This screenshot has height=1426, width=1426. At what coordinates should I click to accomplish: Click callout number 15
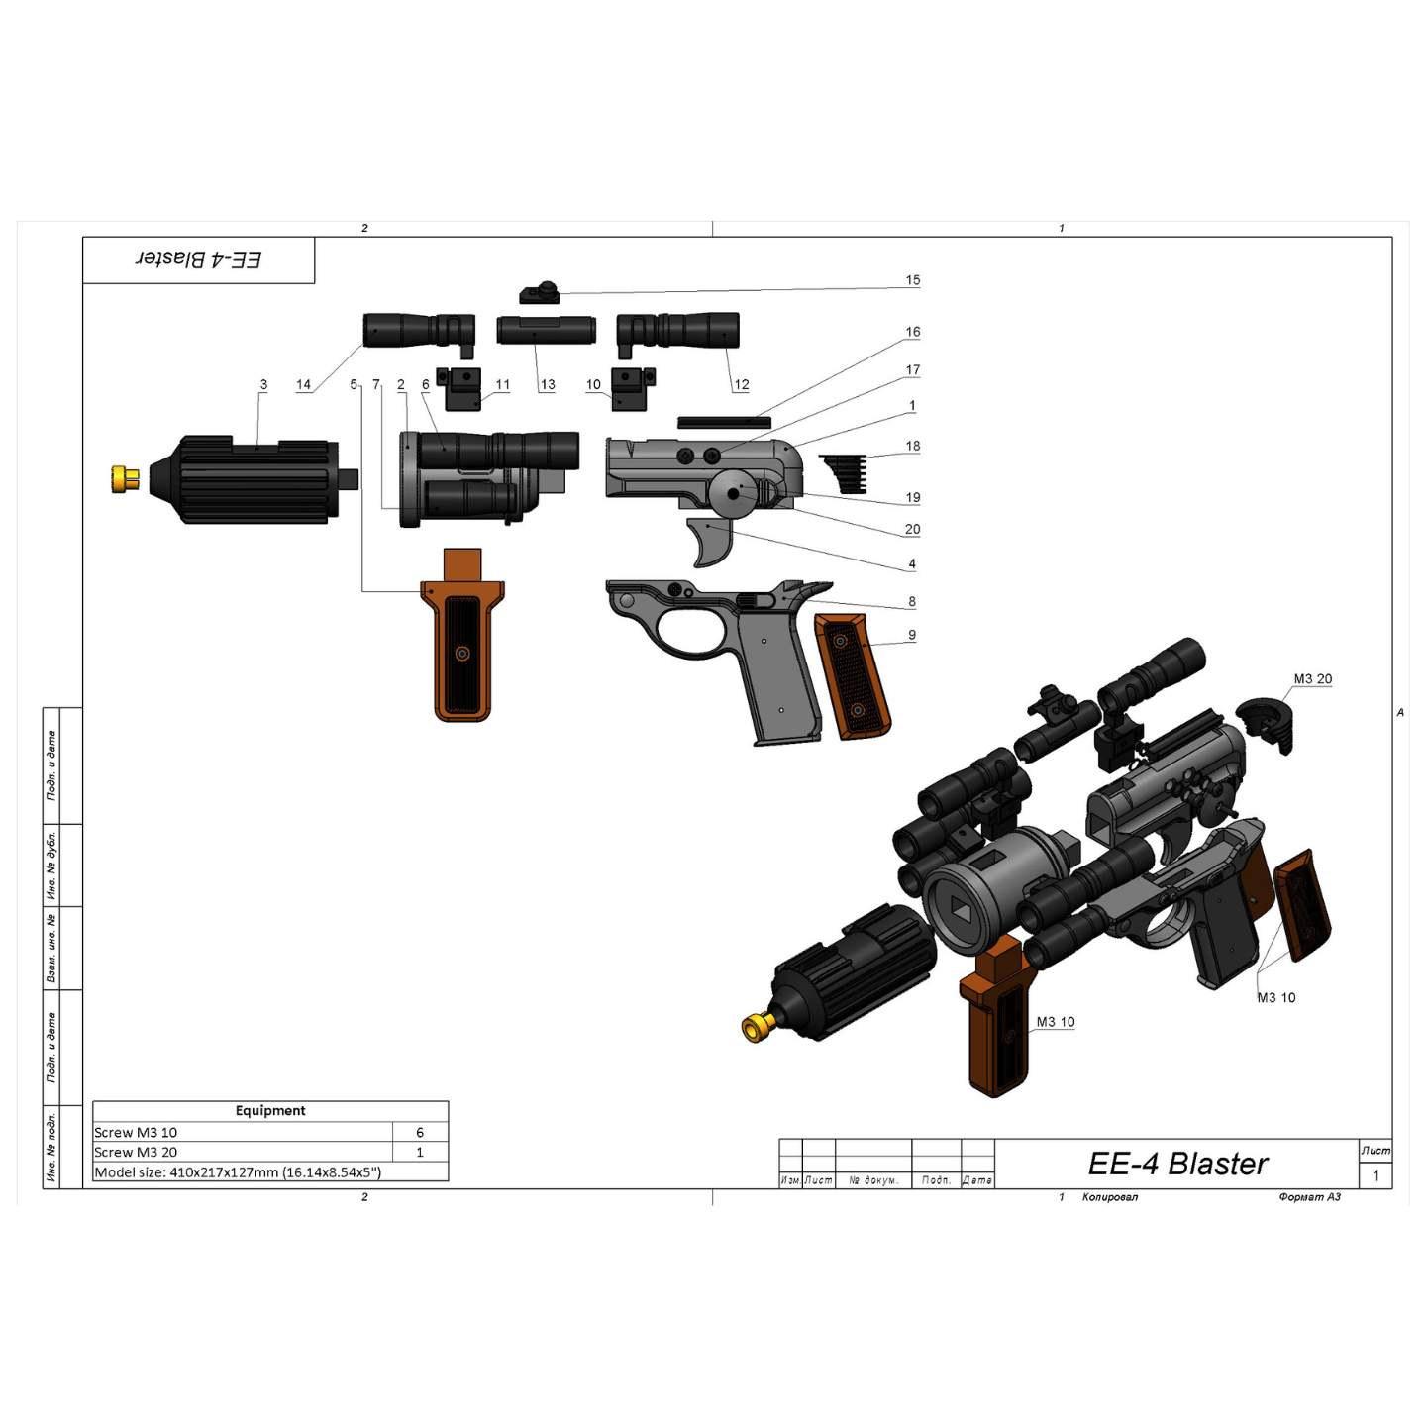[912, 280]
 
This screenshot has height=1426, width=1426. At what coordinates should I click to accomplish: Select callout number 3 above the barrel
[263, 384]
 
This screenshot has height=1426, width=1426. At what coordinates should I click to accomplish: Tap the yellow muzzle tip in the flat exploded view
[125, 479]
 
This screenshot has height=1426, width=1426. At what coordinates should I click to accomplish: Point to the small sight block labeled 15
[540, 294]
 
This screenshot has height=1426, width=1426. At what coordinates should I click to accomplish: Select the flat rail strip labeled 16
[724, 423]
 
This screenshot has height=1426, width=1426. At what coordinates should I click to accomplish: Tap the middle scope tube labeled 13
[546, 330]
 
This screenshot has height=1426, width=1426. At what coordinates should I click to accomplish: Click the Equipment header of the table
[270, 1111]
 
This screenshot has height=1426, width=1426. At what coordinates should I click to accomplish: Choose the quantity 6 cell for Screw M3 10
[420, 1132]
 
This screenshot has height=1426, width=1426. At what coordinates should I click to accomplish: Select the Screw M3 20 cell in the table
[136, 1152]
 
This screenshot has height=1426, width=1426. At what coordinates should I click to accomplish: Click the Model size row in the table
[238, 1172]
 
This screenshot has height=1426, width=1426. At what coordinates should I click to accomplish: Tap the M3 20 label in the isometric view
[1312, 678]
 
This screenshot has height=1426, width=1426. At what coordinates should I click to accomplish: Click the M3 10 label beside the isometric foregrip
[1055, 1022]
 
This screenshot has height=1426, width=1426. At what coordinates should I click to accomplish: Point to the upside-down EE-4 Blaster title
[198, 259]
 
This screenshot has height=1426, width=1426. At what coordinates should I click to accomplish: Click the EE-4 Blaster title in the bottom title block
[1177, 1164]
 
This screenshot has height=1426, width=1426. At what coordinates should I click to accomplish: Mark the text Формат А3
[1309, 1197]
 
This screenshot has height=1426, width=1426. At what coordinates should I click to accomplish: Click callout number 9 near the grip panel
[911, 635]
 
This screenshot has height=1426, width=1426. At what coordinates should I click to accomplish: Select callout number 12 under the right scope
[742, 384]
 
